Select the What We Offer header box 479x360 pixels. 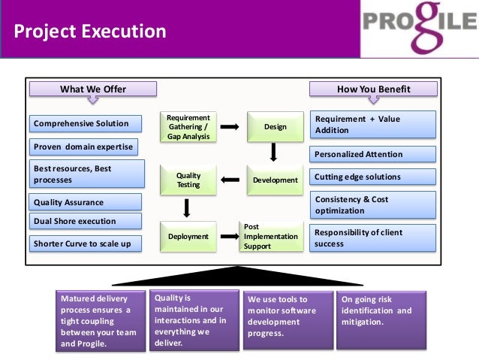[93, 89]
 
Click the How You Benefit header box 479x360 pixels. [373, 89]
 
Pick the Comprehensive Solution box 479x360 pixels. [86, 123]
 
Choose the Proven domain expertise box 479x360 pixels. [86, 146]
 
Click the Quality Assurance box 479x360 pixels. [86, 202]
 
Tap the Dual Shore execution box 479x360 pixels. [86, 221]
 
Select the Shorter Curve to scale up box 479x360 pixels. [86, 244]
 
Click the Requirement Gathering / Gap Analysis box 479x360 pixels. [188, 127]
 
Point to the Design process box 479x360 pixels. [275, 127]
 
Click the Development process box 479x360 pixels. [275, 180]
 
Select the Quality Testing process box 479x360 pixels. [188, 180]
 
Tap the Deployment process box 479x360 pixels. [188, 237]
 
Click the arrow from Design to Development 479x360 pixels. [274, 153]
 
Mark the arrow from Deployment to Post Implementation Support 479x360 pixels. [230, 237]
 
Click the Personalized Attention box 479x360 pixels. [373, 154]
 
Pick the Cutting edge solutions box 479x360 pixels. [373, 177]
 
